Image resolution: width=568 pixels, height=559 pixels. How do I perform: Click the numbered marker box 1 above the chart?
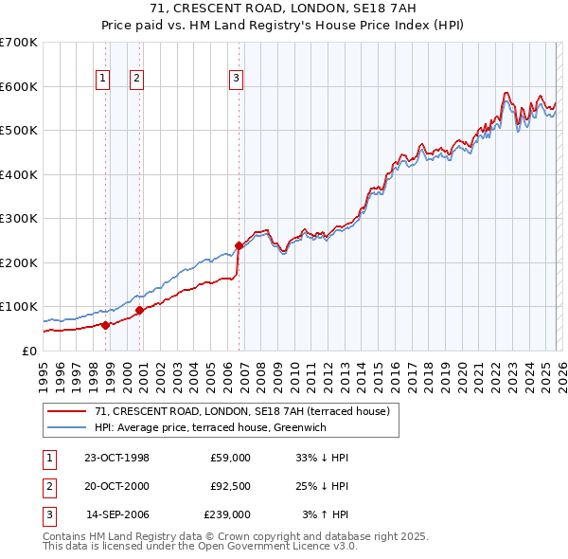click(x=102, y=79)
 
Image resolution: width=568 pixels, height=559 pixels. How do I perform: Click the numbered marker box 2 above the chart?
click(x=136, y=79)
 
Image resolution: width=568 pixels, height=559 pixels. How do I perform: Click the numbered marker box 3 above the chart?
click(x=236, y=79)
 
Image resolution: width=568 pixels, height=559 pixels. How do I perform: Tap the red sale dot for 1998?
click(x=106, y=324)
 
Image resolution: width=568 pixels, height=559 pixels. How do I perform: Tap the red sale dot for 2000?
click(x=139, y=310)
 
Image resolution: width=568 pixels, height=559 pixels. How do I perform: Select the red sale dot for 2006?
click(x=239, y=245)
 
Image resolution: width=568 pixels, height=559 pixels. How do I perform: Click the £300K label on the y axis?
click(x=19, y=218)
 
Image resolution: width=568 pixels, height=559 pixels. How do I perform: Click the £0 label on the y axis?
click(x=28, y=351)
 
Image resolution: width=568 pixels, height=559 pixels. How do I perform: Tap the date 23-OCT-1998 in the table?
click(x=116, y=458)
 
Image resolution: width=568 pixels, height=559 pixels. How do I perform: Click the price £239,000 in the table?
click(x=226, y=514)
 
